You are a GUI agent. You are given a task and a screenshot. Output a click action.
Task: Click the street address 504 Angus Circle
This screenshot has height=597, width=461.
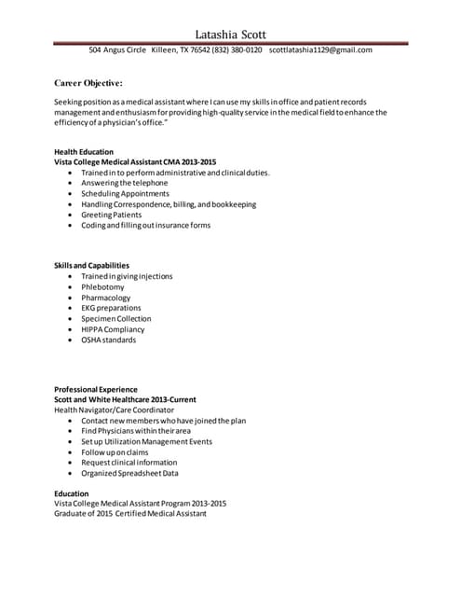116,49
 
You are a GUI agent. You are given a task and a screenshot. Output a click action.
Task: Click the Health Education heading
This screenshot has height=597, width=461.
84,151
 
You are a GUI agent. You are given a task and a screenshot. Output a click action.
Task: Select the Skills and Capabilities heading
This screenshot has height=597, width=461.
91,266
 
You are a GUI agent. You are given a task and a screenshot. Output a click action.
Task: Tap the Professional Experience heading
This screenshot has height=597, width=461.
95,389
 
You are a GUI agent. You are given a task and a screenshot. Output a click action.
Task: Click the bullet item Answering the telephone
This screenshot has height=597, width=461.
124,184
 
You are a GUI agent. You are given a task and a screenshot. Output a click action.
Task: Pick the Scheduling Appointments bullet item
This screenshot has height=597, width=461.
125,194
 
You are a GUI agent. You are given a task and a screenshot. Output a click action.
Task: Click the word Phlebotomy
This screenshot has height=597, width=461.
102,287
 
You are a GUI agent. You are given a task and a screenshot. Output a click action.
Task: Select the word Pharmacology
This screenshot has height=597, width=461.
105,298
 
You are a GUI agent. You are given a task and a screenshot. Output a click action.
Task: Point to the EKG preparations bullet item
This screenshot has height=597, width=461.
111,308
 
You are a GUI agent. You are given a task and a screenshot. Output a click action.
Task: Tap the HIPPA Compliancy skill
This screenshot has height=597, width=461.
113,329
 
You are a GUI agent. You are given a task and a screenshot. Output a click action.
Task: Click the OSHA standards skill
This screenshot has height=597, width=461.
108,340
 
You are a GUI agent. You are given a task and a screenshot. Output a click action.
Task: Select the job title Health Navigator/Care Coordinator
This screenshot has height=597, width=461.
114,410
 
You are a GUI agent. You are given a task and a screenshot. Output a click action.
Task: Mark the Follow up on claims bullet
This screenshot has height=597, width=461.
115,452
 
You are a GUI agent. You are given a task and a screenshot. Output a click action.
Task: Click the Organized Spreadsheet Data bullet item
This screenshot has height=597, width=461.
129,473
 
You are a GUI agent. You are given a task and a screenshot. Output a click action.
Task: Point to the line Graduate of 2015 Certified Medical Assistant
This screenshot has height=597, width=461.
129,513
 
